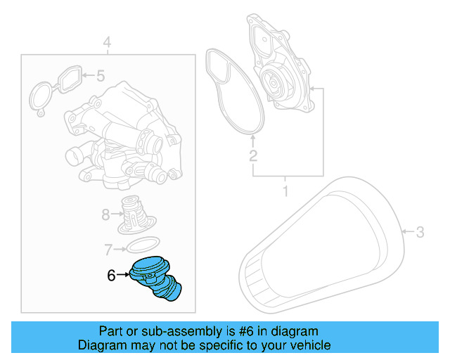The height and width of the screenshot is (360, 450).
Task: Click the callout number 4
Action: [x=106, y=44]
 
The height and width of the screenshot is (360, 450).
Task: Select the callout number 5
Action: [x=100, y=75]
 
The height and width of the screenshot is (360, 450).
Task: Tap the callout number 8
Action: [x=106, y=214]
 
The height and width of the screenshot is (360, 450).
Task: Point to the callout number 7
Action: [x=108, y=248]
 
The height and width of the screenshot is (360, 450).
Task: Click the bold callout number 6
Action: [x=111, y=276]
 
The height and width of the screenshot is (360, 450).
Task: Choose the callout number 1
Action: [x=285, y=191]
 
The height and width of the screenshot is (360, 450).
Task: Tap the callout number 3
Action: [x=420, y=231]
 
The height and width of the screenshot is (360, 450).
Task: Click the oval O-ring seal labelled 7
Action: [x=140, y=245]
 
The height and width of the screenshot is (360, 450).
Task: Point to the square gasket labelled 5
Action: [x=67, y=79]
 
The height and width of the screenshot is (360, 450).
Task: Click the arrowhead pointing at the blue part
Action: [x=127, y=276]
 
